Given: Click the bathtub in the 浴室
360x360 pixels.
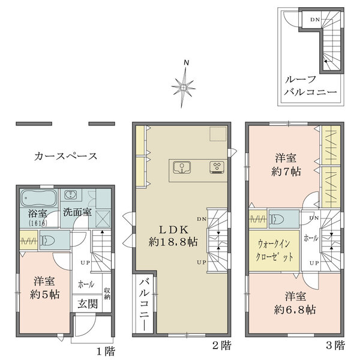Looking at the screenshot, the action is (x=39, y=198).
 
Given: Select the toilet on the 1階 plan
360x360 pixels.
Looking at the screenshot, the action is (x=47, y=240).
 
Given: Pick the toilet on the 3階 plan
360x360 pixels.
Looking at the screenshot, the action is (x=277, y=219).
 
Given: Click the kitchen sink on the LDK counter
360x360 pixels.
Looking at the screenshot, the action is (x=182, y=167).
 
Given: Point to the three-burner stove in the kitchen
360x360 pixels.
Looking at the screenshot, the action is (x=217, y=167).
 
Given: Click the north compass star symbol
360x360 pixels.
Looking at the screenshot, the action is (x=184, y=87).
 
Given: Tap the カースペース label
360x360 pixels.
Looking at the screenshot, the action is (x=66, y=157).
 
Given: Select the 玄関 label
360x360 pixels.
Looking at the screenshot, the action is (x=88, y=304).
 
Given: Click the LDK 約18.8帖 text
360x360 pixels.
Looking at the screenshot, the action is (x=173, y=236).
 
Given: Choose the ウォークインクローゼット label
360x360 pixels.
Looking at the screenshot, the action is (x=274, y=250).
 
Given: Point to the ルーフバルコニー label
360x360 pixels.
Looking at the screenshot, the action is (x=310, y=86).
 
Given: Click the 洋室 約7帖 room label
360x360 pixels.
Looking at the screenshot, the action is (x=286, y=165).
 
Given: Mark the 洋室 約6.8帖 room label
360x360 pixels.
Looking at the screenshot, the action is (x=295, y=303).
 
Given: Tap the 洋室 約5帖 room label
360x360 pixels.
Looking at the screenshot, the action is (x=44, y=288).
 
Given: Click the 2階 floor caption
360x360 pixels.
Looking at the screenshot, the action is (x=222, y=345).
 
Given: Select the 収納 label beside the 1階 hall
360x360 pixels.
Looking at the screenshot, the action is (x=107, y=293).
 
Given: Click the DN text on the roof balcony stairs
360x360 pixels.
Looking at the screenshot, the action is (x=315, y=20).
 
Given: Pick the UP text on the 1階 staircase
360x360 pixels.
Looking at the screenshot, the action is (x=85, y=263).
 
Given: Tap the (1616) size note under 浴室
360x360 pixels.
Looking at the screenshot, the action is (x=38, y=223).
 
